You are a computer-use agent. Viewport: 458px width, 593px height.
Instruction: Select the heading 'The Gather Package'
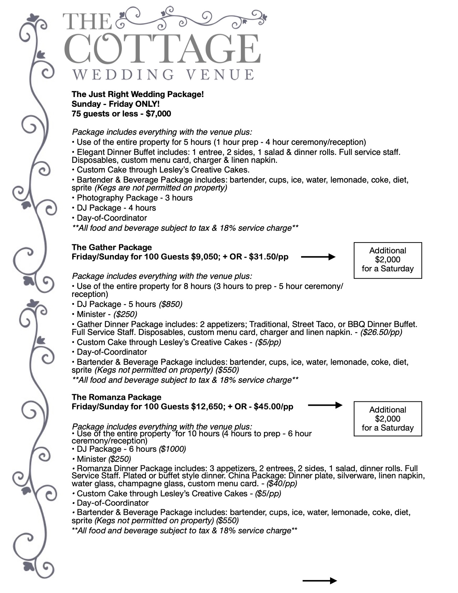pos(112,247)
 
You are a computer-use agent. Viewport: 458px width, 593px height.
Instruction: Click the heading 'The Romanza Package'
pos(116,397)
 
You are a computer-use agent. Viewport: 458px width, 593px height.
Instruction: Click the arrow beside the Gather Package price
pos(318,257)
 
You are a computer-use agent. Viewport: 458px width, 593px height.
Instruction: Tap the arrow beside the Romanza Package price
pos(325,405)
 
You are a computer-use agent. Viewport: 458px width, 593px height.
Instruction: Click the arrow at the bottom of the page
pos(320,580)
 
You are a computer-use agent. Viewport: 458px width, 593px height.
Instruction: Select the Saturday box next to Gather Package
pos(388,260)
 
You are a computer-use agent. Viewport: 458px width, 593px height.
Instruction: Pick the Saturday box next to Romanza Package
pos(388,419)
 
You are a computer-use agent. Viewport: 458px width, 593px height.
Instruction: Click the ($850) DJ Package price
pos(170,304)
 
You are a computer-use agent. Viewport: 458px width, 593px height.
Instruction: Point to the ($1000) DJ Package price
pos(172,449)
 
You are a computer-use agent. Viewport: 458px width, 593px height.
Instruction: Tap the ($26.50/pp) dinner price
pos(381,332)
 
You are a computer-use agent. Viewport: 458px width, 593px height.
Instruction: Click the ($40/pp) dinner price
pos(282,484)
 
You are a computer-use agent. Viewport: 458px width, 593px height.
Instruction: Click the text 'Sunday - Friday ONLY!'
pos(116,104)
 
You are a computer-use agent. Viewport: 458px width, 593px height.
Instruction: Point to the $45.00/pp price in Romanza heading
pos(273,407)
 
